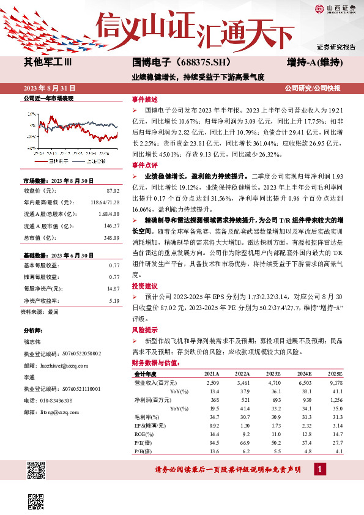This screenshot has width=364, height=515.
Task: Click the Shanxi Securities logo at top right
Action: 334,9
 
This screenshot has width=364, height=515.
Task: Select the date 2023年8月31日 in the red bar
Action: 48,88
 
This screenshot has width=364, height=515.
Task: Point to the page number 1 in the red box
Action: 319,470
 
